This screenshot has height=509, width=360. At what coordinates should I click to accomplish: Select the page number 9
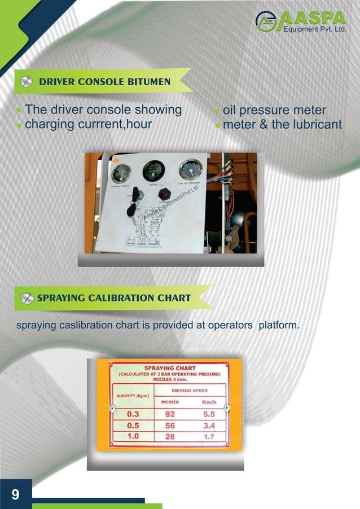click(15, 495)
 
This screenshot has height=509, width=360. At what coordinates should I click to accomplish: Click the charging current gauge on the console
click(121, 172)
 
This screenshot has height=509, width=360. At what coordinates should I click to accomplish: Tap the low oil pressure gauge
click(190, 170)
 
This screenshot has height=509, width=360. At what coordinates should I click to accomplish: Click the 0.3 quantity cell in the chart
click(133, 414)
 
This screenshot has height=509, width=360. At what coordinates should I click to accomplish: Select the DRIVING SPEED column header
click(189, 390)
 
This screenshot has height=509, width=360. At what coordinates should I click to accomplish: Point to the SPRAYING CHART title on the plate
click(170, 368)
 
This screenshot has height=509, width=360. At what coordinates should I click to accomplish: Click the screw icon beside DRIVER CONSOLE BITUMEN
click(25, 82)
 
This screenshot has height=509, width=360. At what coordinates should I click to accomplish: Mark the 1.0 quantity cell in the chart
click(133, 436)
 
